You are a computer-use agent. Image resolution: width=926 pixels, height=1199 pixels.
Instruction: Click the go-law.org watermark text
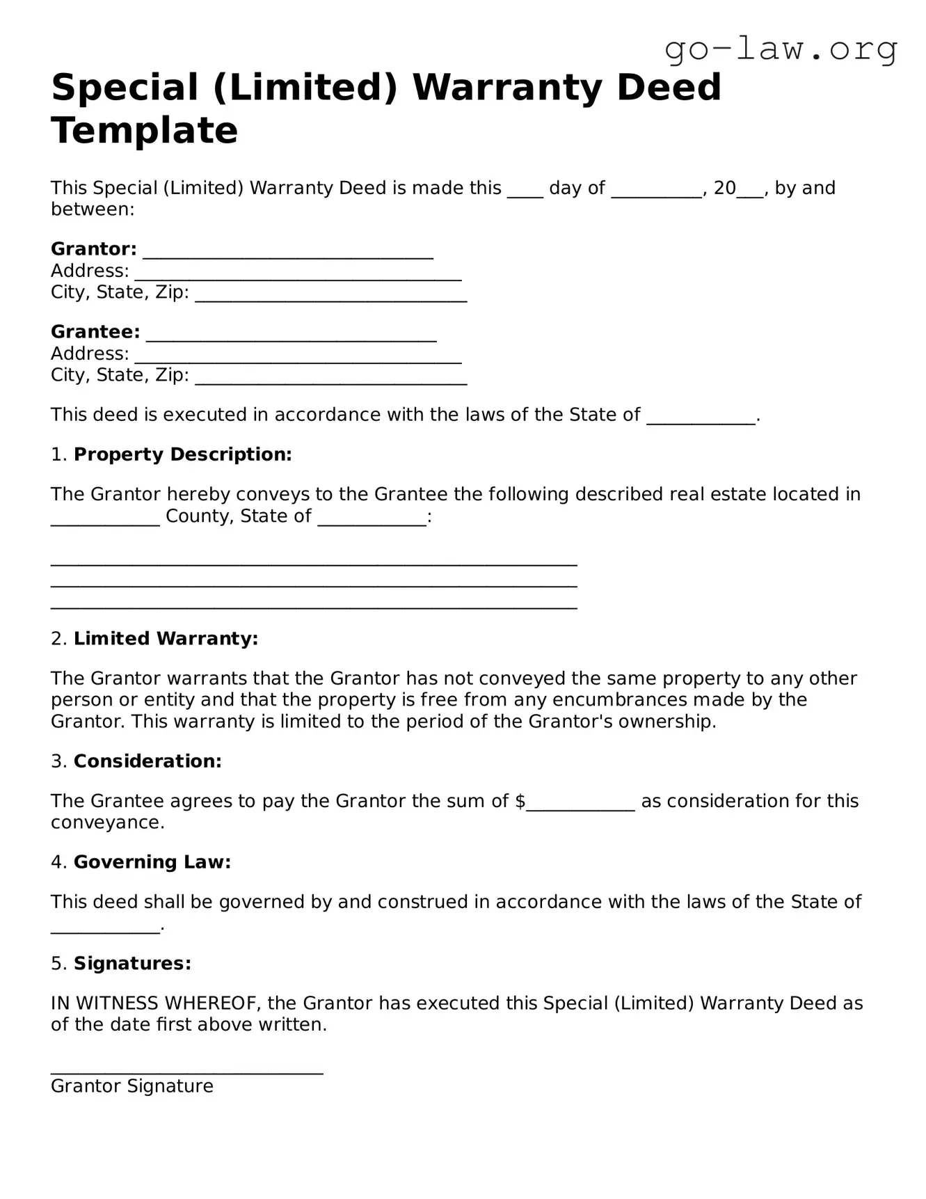click(x=781, y=49)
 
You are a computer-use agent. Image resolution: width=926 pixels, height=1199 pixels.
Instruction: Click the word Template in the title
click(x=144, y=130)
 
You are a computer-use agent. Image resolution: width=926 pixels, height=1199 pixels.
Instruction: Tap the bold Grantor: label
click(x=94, y=249)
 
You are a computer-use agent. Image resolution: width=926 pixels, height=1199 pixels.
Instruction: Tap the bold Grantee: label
click(x=95, y=332)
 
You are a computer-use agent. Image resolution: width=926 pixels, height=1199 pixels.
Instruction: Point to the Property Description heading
click(x=182, y=454)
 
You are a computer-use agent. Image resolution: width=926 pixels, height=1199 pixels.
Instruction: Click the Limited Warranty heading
click(x=166, y=639)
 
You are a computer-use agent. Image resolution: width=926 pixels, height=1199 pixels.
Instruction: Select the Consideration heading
click(x=147, y=761)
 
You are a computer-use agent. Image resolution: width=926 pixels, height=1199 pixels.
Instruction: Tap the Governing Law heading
click(x=152, y=862)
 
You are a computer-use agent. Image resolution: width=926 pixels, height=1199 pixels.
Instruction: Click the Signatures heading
click(x=132, y=963)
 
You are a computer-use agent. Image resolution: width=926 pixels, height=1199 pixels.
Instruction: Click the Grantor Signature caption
click(x=132, y=1086)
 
